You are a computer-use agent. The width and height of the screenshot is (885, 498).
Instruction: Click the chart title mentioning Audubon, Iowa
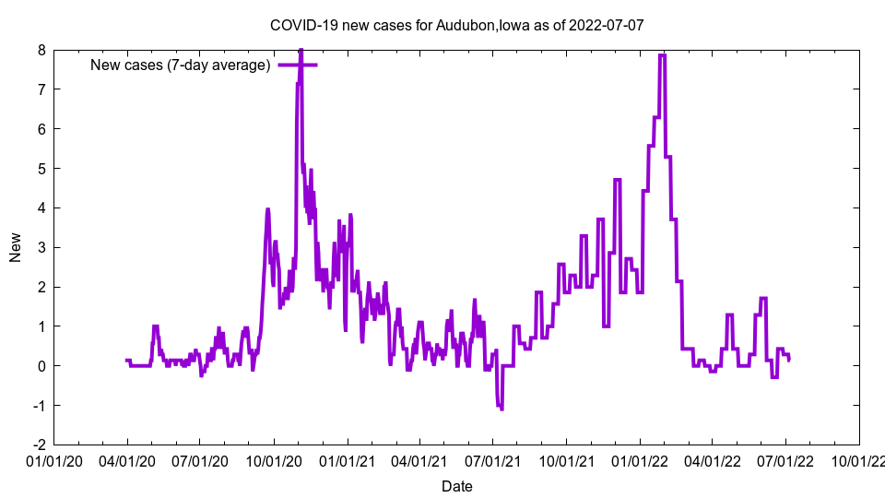456,25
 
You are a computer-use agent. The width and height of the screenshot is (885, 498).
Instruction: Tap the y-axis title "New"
16,247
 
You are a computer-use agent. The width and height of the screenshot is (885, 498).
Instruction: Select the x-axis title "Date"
456,486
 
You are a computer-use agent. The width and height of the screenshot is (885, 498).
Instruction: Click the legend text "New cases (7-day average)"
180,65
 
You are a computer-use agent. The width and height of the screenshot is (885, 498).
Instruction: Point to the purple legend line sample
298,65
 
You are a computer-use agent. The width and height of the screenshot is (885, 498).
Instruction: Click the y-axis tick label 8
41,50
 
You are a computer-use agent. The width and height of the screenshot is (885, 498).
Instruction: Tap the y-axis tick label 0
41,366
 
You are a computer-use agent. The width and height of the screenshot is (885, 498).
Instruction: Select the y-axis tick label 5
41,169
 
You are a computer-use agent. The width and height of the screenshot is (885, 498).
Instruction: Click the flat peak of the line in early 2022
662,55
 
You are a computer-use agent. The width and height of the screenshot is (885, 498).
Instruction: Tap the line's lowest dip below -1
501,409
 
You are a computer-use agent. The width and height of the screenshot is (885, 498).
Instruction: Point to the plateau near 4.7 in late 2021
617,180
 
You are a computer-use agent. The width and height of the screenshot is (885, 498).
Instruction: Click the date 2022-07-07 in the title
607,25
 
